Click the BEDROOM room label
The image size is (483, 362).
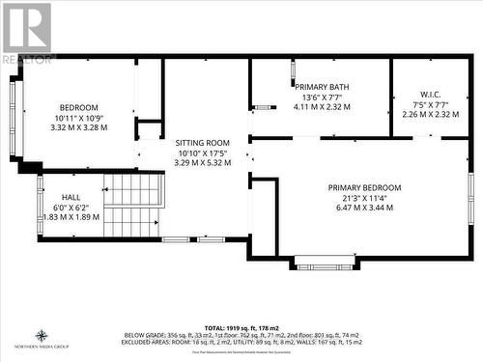79,106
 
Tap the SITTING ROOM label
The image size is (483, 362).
203,142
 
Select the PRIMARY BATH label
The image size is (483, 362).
322,87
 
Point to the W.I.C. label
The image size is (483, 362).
430,94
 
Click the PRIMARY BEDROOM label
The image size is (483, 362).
364,187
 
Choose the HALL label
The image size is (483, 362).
71,196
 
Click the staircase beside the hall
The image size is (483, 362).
131,205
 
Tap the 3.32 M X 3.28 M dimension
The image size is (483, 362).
79,126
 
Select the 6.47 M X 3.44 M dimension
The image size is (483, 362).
364,209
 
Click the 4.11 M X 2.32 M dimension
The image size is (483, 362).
322,107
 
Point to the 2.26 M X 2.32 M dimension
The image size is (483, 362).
430,114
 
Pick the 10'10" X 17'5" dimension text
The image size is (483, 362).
203,153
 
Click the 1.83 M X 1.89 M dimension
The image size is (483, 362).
71,217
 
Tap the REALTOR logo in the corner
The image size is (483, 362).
27,33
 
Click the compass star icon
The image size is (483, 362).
42,335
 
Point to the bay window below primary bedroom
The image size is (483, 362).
324,262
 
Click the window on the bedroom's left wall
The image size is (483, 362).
14,118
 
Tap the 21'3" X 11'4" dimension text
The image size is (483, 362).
364,198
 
